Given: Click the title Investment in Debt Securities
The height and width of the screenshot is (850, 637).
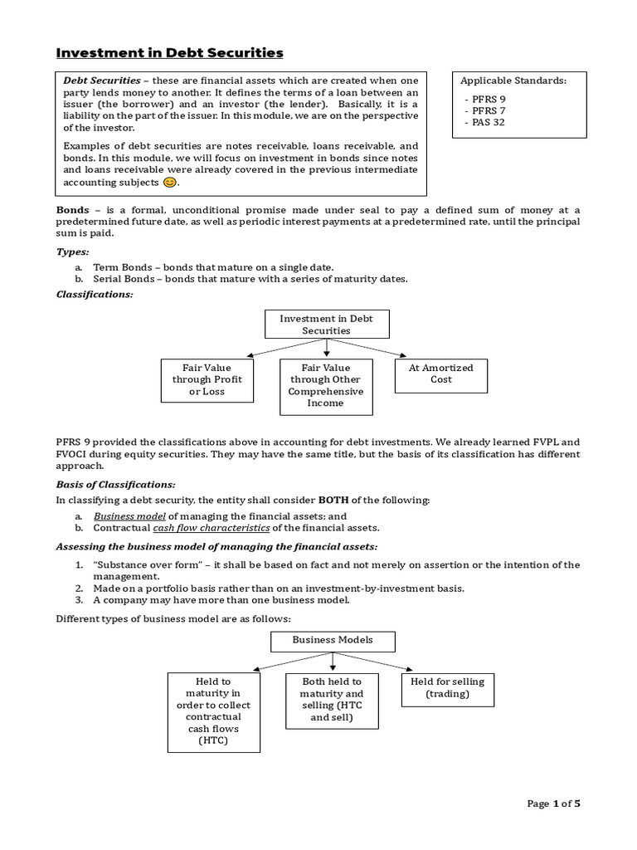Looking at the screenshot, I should pos(169,53).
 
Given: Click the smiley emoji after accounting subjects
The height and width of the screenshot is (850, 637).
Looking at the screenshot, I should pos(169,182).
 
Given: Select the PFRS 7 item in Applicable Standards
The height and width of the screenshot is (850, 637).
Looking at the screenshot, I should pos(488,110).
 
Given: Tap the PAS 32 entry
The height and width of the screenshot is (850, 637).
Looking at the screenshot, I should pos(488,122).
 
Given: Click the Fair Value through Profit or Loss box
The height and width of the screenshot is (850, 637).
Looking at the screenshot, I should pos(207,380).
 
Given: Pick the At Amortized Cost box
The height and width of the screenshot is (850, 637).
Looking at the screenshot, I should pos(441,374).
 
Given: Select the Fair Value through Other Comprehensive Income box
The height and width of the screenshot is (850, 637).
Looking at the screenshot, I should pos(326,386).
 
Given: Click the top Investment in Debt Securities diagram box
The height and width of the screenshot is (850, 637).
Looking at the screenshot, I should pos(326,325).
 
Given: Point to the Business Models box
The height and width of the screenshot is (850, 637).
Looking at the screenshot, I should pos(333,641).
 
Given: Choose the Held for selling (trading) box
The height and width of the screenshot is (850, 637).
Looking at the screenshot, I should pos(447,688).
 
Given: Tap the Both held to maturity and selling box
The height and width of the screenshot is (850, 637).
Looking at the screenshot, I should pos(332,700).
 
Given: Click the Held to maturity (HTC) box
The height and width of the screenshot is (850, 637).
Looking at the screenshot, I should pos(213,711).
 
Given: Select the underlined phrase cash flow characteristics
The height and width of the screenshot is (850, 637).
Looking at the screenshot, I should pos(212,527).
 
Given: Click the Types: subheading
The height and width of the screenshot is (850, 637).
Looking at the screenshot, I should pos(73,252).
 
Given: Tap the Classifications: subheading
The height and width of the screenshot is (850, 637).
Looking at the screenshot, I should pos(94,295).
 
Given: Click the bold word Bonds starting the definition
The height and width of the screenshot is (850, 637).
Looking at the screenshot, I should pos(72,210).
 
